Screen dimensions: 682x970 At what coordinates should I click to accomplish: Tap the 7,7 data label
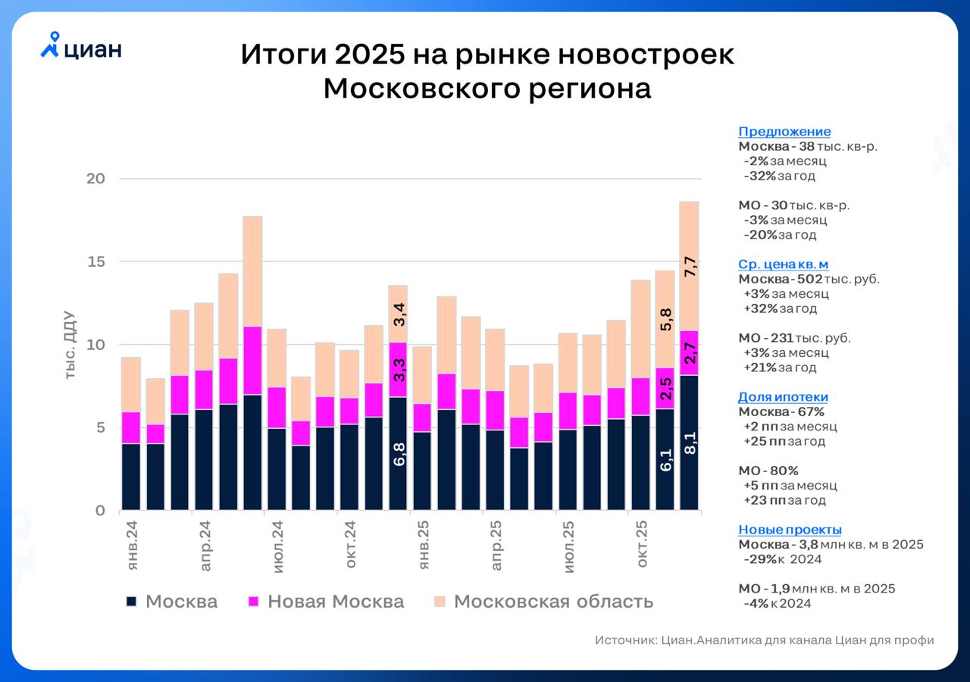[690, 267]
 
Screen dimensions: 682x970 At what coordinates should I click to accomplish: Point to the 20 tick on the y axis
[95, 179]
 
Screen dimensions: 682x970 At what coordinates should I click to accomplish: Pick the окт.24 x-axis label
[351, 544]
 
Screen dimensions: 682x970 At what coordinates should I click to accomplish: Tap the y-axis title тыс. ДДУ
[70, 345]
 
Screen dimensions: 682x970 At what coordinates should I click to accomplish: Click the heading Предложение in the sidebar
[784, 131]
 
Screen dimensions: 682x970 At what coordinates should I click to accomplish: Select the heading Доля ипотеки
[783, 397]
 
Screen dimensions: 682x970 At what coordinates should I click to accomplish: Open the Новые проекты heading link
[790, 530]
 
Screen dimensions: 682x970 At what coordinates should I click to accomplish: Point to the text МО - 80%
[768, 471]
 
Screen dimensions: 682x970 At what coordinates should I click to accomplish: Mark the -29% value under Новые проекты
[760, 559]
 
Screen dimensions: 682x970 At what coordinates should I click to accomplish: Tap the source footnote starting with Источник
[764, 640]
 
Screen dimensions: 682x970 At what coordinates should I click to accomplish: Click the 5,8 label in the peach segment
[665, 320]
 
